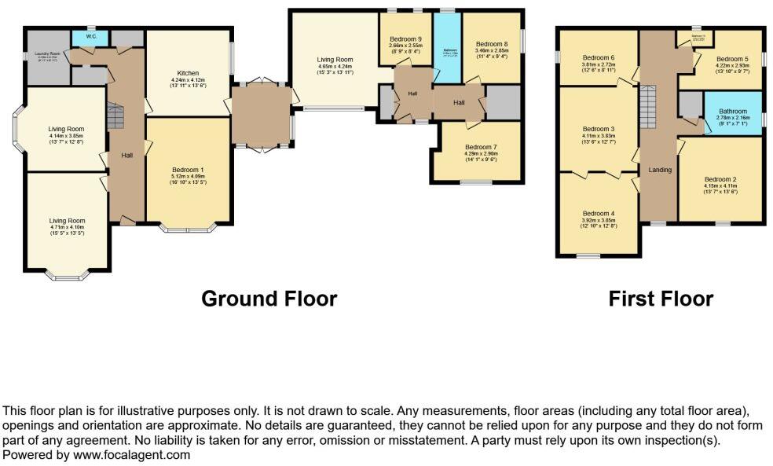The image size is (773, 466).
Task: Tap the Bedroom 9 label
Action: tap(405, 39)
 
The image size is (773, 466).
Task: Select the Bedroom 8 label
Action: tap(491, 44)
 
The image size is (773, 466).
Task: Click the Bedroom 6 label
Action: tap(599, 57)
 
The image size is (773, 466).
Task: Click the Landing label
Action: tap(660, 170)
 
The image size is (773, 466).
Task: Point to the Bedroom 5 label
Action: tap(731, 59)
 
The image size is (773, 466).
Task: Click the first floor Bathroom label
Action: tap(734, 112)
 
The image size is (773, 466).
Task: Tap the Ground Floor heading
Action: tap(269, 299)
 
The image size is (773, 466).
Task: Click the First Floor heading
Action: tap(661, 299)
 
